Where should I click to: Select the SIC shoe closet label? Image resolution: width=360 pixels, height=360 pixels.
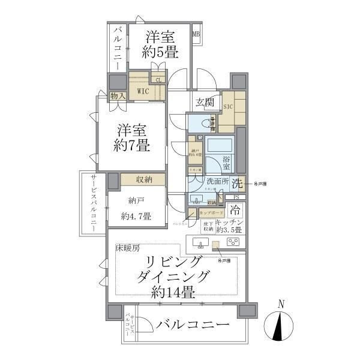(228, 106)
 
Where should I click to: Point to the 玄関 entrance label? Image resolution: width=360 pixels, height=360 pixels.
(204, 103)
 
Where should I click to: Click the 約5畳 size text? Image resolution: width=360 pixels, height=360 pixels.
(160, 52)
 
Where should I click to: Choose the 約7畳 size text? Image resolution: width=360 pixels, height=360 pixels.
(133, 145)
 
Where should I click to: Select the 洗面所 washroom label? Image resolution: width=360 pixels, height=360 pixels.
(217, 181)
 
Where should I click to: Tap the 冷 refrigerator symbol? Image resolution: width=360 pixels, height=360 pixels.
(236, 211)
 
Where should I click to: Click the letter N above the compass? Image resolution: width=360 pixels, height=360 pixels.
(281, 304)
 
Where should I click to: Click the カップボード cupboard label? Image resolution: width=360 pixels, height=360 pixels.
(211, 213)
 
